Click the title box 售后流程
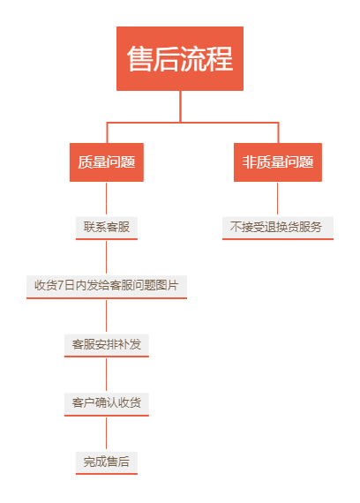(180, 58)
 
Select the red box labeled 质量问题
(107, 162)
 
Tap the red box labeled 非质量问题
(278, 162)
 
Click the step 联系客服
(107, 228)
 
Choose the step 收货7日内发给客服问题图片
(107, 287)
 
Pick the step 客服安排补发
(107, 345)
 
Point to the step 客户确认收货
(107, 404)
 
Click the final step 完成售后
(107, 462)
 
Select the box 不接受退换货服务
(278, 228)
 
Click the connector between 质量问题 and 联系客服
(107, 199)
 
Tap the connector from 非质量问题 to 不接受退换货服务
(278, 199)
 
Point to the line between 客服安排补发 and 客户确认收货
(107, 375)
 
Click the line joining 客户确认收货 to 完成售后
(107, 433)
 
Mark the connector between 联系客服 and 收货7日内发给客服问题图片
(107, 258)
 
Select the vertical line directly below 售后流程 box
(180, 106)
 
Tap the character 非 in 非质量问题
(248, 161)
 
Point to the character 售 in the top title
(139, 58)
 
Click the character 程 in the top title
(220, 58)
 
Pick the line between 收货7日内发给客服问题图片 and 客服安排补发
(107, 317)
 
